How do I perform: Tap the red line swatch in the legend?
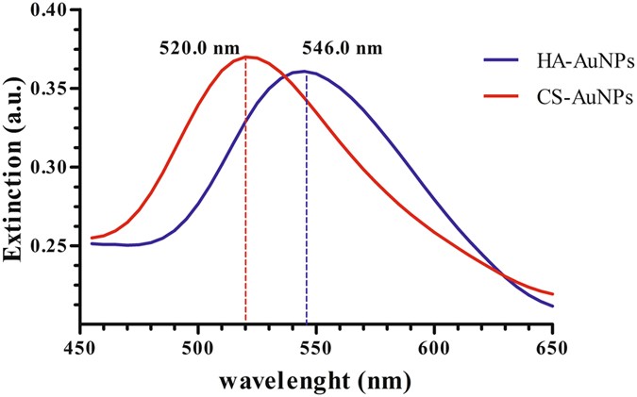[496, 94]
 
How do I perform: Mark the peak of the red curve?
[247, 57]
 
